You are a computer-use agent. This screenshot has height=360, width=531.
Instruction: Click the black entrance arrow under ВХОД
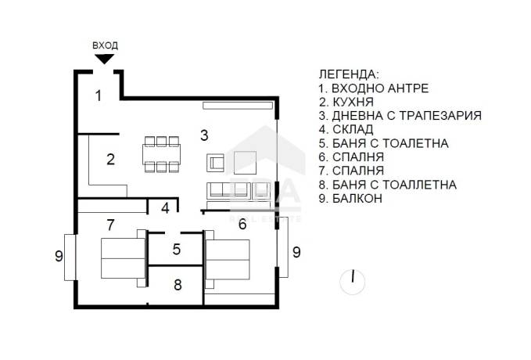(x=104, y=59)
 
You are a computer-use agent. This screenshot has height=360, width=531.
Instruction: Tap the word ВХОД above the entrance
(x=105, y=45)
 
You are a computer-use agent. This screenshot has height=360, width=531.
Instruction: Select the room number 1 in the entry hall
(x=99, y=95)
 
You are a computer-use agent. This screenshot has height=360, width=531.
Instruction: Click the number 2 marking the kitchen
(x=111, y=160)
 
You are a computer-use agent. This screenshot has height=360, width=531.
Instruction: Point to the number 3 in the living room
(x=204, y=135)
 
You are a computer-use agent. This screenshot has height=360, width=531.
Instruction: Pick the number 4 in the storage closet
(x=165, y=208)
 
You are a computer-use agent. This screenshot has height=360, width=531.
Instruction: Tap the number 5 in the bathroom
(x=177, y=249)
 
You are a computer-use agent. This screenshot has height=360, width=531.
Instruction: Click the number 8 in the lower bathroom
(x=178, y=285)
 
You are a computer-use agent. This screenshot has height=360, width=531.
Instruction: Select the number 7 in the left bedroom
(x=111, y=225)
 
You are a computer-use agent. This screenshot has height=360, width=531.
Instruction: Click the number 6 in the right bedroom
(x=242, y=224)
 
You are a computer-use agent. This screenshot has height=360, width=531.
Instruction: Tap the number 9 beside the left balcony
(x=59, y=256)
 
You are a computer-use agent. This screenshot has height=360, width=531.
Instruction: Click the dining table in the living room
(x=162, y=154)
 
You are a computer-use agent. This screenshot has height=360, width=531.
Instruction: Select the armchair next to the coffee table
(x=215, y=163)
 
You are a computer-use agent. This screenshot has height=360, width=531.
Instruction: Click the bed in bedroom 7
(x=124, y=258)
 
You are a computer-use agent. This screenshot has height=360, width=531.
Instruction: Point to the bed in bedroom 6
(x=228, y=259)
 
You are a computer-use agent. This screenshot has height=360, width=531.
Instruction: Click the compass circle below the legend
(x=353, y=282)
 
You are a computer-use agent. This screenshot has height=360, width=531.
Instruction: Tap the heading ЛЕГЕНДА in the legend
(x=350, y=74)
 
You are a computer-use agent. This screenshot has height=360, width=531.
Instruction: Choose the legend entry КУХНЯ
(x=353, y=102)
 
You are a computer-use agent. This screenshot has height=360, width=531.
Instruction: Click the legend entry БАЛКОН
(x=357, y=198)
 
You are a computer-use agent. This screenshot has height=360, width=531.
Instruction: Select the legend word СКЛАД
(x=353, y=129)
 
